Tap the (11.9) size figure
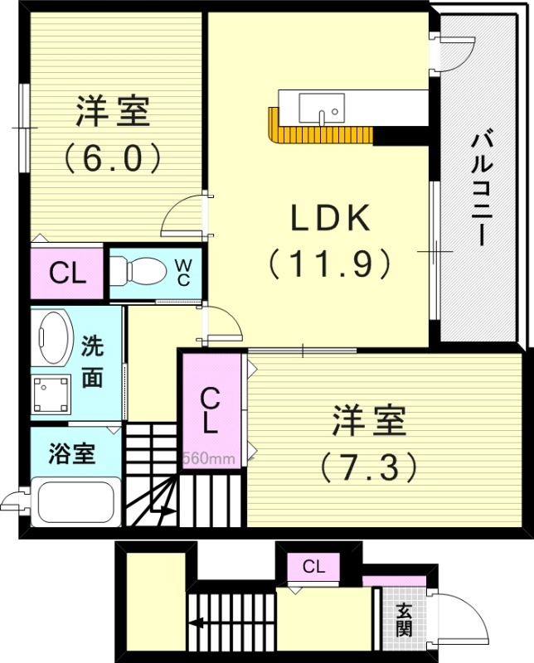[328, 264]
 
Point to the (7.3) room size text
[368, 468]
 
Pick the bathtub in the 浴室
[76, 501]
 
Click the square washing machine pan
[51, 394]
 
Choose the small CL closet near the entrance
[313, 567]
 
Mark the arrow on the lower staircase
[199, 624]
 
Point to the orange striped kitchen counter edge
[319, 134]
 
